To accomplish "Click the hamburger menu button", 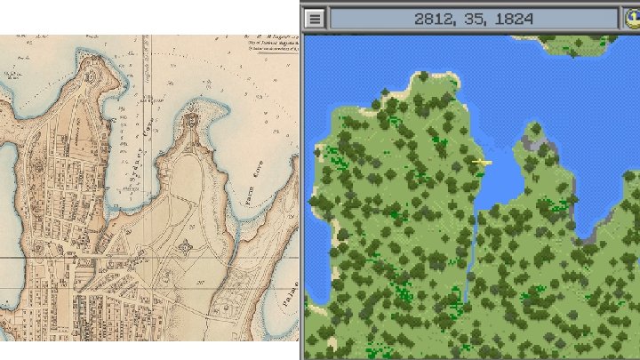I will [x=315, y=18].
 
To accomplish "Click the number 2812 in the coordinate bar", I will [x=434, y=18].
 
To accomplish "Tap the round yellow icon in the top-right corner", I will [x=630, y=18].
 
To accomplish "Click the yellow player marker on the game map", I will [x=481, y=162].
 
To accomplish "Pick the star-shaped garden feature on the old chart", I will [x=184, y=244].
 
